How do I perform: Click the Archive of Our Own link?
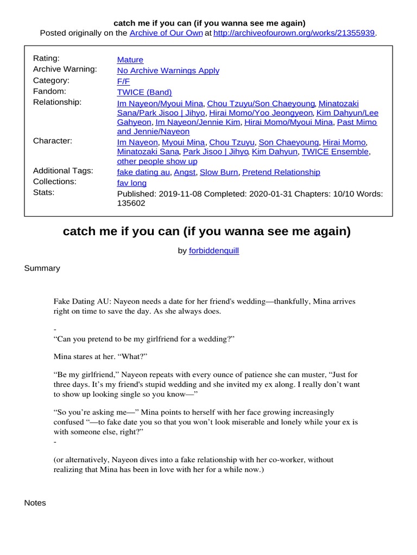click(x=166, y=33)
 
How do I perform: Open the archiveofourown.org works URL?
click(x=294, y=33)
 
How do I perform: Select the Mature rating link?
click(x=130, y=60)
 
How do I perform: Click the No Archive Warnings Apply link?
click(x=168, y=70)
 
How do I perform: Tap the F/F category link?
click(x=123, y=81)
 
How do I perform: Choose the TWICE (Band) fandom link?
click(x=144, y=92)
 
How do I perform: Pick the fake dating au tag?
click(x=144, y=172)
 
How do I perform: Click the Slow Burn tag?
click(x=219, y=172)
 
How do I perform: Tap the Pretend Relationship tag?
click(x=281, y=172)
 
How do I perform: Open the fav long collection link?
click(x=132, y=183)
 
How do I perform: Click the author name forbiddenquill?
click(x=213, y=251)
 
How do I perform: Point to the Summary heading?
click(x=42, y=268)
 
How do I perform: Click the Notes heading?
click(x=35, y=503)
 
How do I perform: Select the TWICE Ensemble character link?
click(x=336, y=152)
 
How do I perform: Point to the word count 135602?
click(x=131, y=204)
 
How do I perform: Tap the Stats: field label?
click(x=44, y=192)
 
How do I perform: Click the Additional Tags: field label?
click(x=63, y=171)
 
